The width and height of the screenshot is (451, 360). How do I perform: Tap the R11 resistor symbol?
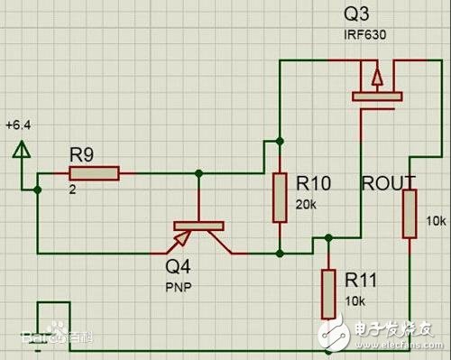tap(328, 293)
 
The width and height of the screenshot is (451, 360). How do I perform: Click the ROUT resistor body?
tap(410, 213)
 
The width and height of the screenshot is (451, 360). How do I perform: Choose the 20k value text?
tap(305, 205)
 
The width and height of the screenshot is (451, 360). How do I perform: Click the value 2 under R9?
tap(72, 190)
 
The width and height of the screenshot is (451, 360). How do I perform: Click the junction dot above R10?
tap(280, 141)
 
